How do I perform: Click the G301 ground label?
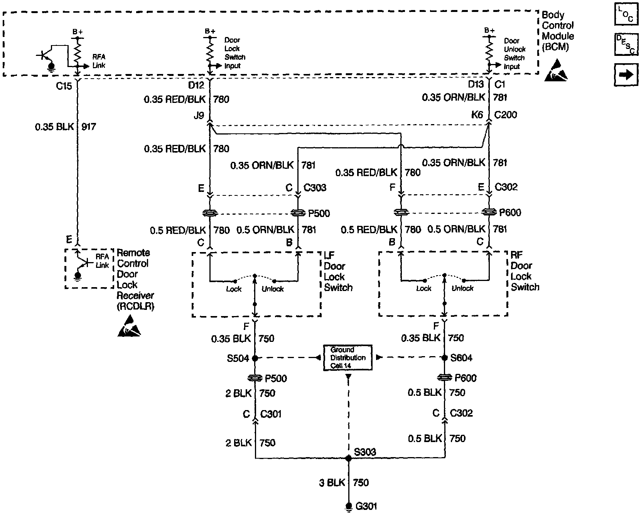point(366,506)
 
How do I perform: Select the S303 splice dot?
point(349,458)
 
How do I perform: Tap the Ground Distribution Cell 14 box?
point(347,358)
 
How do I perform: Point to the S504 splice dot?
point(255,358)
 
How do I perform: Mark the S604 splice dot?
point(444,358)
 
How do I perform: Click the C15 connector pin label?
point(64,86)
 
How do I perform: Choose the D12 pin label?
point(196,84)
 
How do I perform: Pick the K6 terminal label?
point(477,115)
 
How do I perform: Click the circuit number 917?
point(89,127)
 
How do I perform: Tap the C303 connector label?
point(315,188)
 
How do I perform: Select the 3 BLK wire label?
point(332,483)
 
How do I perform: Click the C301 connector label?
point(271,414)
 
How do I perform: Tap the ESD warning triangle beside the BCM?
point(556,71)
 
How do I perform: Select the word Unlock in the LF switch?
point(273,289)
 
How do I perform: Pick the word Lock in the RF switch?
point(423,288)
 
